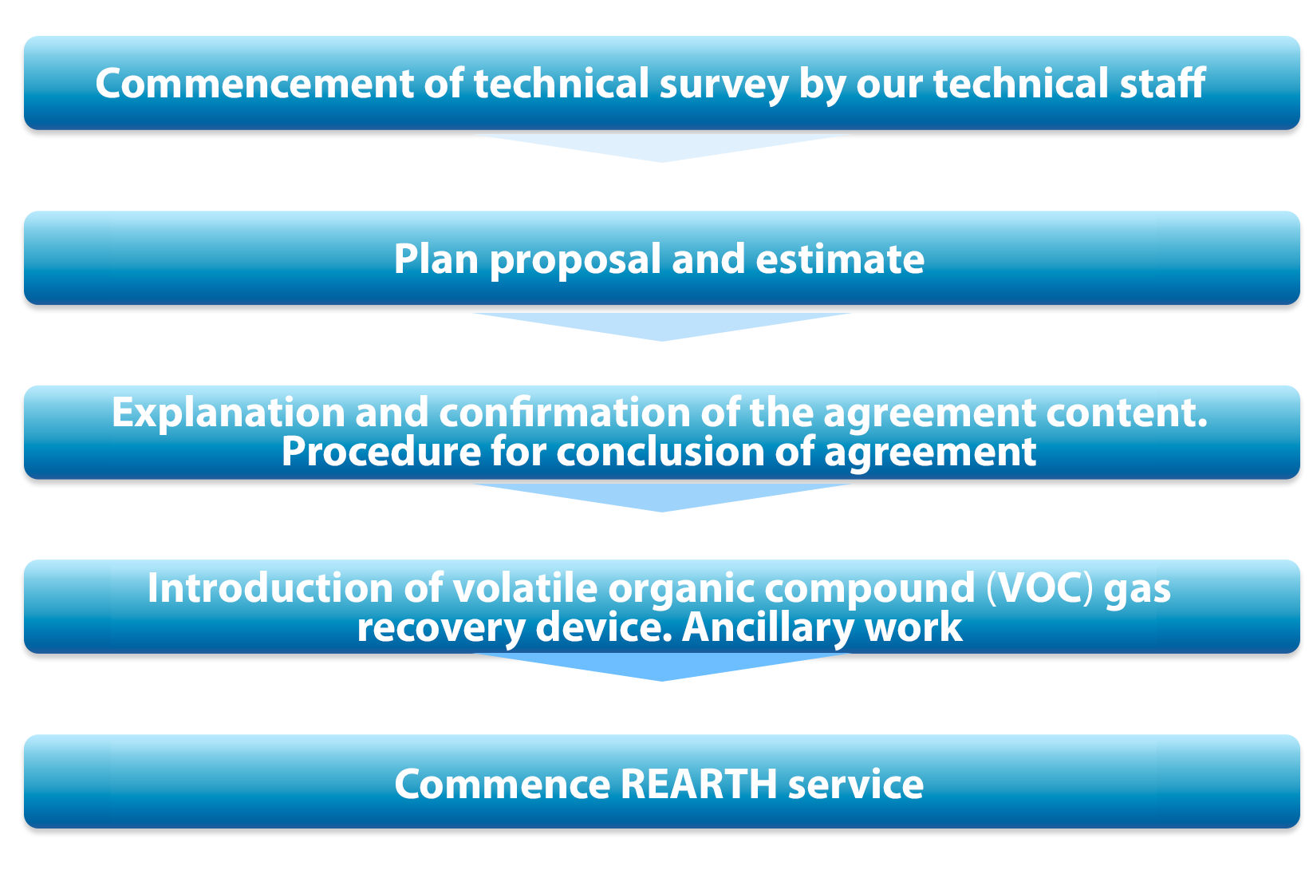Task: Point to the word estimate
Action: [x=839, y=260]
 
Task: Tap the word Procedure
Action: [x=381, y=452]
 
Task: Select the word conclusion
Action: [x=660, y=452]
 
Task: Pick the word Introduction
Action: [x=270, y=587]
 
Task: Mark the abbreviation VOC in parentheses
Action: [x=1040, y=587]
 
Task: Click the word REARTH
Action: [x=698, y=785]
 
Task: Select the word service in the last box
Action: [x=855, y=785]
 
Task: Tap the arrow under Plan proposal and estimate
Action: [x=662, y=326]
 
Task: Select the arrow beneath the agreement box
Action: [x=662, y=497]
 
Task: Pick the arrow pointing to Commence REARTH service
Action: [x=662, y=667]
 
